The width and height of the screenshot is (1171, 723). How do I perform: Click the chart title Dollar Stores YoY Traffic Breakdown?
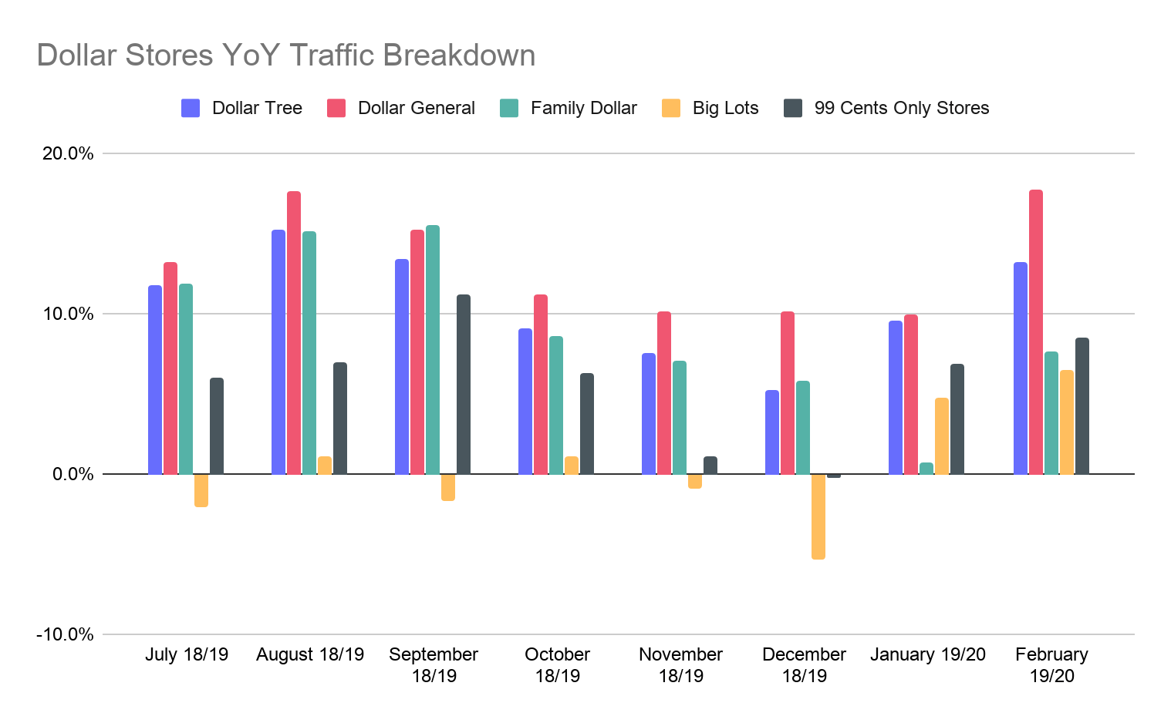tap(285, 55)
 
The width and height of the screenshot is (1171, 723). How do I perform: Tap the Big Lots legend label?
tap(725, 108)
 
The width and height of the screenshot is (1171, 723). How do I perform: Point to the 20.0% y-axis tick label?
tap(68, 153)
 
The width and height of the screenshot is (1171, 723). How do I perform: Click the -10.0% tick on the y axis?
tap(65, 634)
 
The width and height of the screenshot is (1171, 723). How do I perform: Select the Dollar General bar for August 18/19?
tap(294, 332)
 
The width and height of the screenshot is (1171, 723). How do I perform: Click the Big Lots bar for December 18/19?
tap(818, 516)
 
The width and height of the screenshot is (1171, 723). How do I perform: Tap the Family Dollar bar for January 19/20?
tap(926, 468)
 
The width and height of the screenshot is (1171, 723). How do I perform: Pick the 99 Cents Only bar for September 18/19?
tap(464, 384)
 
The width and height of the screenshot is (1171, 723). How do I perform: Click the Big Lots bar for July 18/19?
tap(201, 490)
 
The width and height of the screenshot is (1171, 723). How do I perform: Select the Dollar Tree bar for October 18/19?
tap(525, 401)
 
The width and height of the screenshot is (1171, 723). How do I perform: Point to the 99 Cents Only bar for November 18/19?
tap(710, 465)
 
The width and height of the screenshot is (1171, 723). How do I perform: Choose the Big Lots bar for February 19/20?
tap(1067, 422)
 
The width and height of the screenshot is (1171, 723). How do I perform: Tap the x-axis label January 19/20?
tap(928, 654)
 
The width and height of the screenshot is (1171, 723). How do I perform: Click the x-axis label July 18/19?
tap(187, 654)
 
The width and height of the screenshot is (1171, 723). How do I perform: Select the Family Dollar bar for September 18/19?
tap(433, 349)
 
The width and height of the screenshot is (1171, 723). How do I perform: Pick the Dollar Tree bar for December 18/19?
tap(772, 432)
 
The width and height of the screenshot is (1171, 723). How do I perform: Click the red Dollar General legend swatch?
tap(336, 108)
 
